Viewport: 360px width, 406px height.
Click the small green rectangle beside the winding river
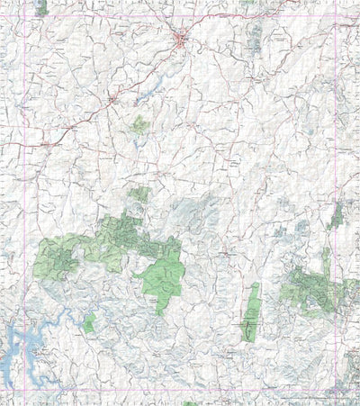[89, 321]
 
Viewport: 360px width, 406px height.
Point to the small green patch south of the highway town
[139, 124]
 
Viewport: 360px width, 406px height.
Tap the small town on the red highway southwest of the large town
[112, 98]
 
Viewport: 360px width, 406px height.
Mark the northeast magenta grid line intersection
[335, 23]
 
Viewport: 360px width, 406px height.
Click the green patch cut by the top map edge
[40, 7]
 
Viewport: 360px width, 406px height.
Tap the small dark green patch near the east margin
[337, 214]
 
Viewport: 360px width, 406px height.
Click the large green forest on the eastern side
[315, 288]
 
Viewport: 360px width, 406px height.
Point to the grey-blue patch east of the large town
[255, 36]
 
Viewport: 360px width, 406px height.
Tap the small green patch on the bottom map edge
[190, 403]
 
